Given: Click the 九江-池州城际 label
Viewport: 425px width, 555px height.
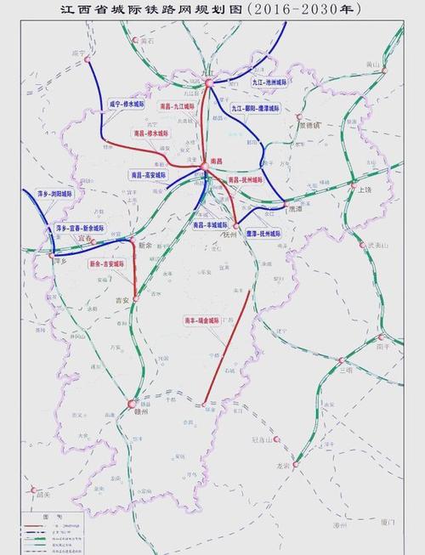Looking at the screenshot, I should (271, 82).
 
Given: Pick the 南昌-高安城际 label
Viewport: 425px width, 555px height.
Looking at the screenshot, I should (149, 174).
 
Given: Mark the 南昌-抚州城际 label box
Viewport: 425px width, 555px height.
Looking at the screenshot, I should (246, 180).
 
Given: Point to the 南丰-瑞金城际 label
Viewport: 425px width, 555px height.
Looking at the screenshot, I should (201, 321).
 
